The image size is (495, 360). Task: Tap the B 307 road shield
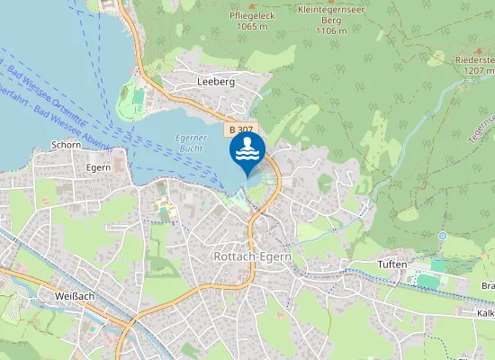click(242, 130)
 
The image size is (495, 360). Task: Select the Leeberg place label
click(215, 81)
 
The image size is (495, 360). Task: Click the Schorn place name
click(67, 144)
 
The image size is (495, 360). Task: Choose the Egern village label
click(98, 167)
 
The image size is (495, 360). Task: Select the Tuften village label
click(393, 265)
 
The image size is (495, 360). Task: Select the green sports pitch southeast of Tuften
click(431, 281)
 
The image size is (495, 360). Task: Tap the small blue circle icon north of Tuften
click(442, 236)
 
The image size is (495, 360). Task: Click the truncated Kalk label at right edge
click(486, 313)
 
